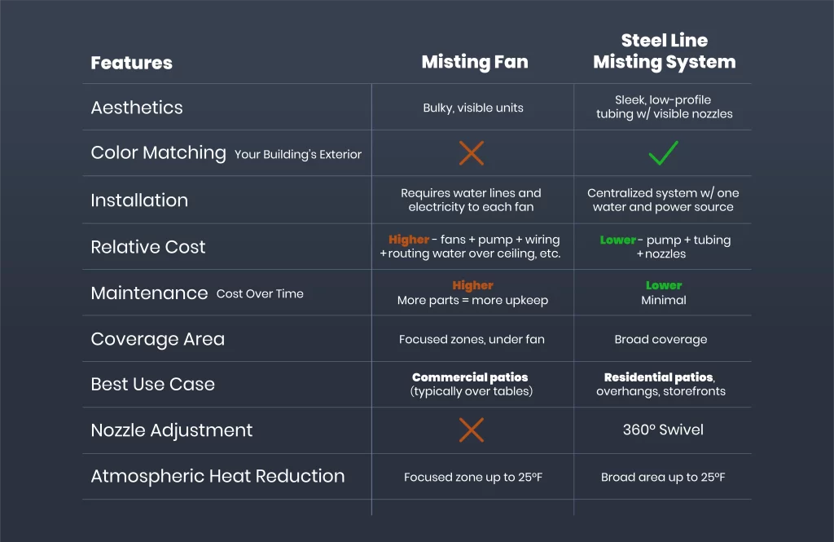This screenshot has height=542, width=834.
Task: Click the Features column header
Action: tap(131, 63)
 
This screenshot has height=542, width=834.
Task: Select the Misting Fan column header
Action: tap(474, 63)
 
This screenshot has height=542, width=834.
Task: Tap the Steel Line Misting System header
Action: tap(664, 51)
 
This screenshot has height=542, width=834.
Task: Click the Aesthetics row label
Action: tap(137, 108)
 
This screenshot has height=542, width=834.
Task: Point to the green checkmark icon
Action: tap(663, 152)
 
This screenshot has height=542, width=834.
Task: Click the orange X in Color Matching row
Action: tap(472, 152)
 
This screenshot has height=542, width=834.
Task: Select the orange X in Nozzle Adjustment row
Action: tap(472, 430)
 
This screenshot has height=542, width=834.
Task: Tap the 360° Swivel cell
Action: tap(663, 430)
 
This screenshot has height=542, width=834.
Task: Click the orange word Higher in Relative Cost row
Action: tap(409, 240)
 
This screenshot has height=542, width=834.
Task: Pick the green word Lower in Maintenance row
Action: tap(664, 285)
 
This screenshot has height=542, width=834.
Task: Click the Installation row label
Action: tap(139, 200)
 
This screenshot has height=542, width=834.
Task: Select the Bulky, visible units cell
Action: tap(473, 108)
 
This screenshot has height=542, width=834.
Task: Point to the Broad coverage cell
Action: tap(661, 339)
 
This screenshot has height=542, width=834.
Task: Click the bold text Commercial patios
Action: tap(470, 377)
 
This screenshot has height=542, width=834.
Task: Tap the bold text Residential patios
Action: tap(659, 377)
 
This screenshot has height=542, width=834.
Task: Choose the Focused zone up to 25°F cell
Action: tap(473, 477)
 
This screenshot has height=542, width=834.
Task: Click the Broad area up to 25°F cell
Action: tap(663, 477)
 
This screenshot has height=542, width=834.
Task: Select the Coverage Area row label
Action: tap(157, 339)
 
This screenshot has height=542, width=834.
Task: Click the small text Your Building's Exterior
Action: tap(298, 154)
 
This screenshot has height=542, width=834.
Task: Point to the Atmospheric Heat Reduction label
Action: tap(217, 476)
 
